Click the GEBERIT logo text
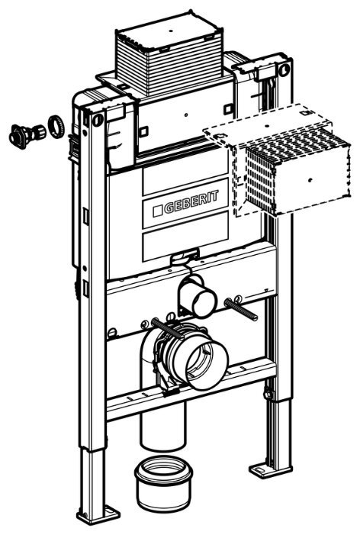coord(191,201)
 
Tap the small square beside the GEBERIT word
coord(158,211)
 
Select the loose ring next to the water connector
coord(56,127)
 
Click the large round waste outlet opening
coord(207,364)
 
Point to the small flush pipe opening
coord(204,301)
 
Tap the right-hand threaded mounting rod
coord(241,309)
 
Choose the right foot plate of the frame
coord(270,469)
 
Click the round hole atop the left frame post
coord(98,119)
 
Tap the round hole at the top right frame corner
coord(284,69)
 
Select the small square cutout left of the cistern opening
coord(144,131)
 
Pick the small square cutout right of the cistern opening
coord(228,109)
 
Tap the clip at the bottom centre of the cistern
coord(184,256)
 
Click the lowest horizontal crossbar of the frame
coord(191,389)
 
